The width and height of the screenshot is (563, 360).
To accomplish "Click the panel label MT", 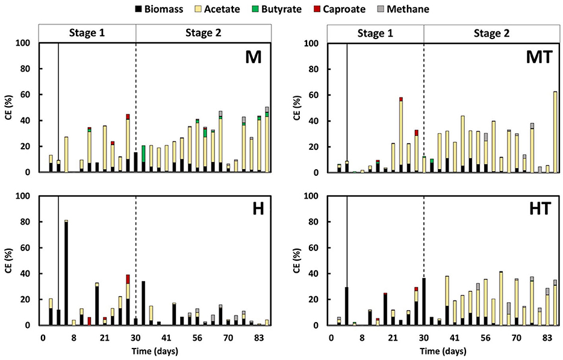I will tap(537, 58).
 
